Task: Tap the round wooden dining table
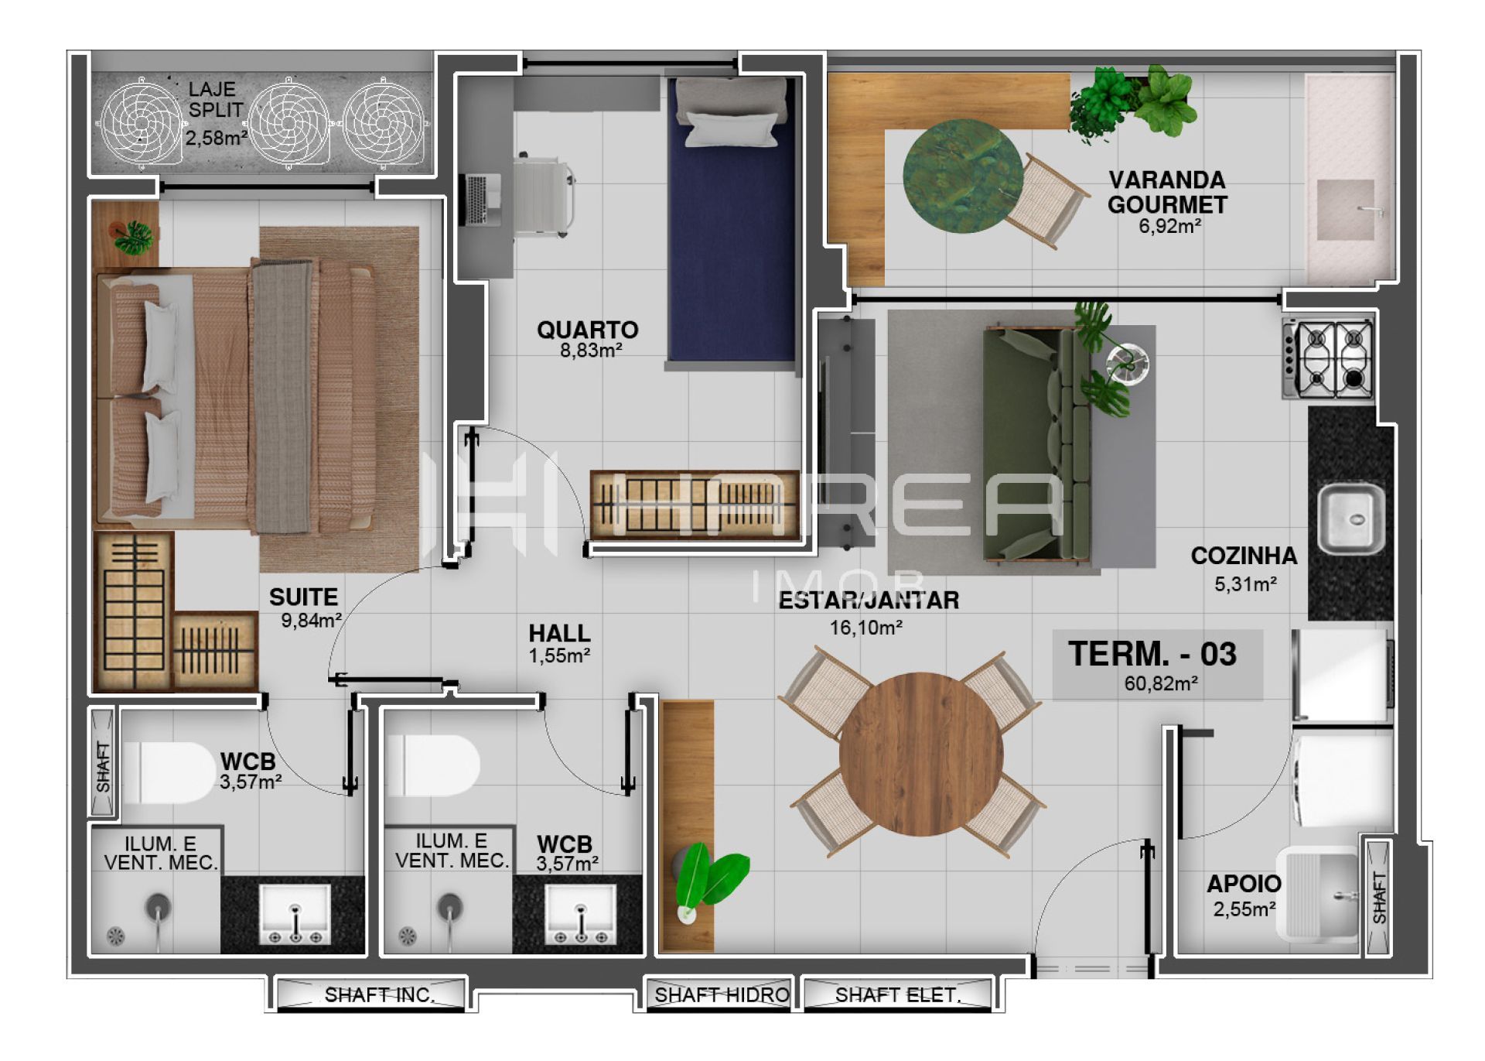[921, 754]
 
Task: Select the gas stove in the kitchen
[1328, 358]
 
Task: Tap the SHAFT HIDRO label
[722, 994]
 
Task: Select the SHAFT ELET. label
[897, 994]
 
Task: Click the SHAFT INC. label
[380, 994]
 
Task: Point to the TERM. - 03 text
[1152, 654]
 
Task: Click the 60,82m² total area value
[1161, 683]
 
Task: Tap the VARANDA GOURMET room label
[1167, 192]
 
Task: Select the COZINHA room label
[1244, 556]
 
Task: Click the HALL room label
[559, 633]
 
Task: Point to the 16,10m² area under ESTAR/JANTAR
[866, 628]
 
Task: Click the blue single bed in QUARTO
[731, 224]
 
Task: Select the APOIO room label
[1244, 884]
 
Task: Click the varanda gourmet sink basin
[1346, 210]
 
